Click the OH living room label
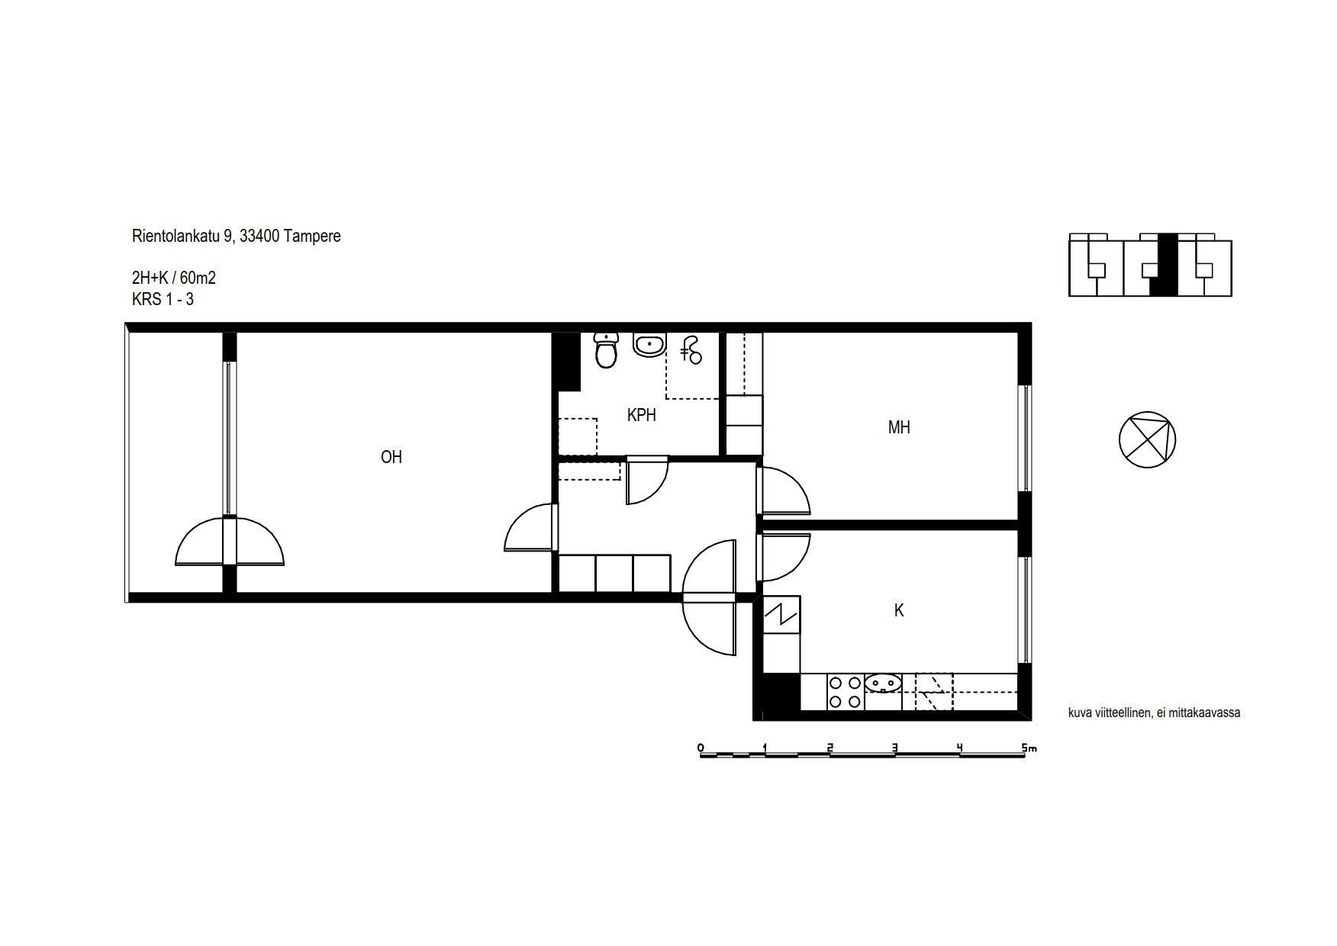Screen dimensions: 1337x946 391,457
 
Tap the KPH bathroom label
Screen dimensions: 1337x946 641,415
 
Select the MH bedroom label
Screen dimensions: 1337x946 899,427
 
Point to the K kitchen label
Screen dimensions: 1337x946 899,610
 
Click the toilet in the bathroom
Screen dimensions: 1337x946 606,350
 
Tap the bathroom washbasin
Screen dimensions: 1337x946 649,345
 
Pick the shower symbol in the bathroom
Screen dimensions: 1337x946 691,350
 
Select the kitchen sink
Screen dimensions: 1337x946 884,682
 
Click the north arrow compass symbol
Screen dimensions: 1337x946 1147,439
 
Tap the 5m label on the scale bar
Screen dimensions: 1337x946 1029,748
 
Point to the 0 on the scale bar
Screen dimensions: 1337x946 701,748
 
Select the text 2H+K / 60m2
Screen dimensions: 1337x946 174,278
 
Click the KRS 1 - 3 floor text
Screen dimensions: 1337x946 163,299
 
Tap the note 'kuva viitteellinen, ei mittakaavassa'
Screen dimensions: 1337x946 1154,713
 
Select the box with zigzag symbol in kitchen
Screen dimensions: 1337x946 781,615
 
